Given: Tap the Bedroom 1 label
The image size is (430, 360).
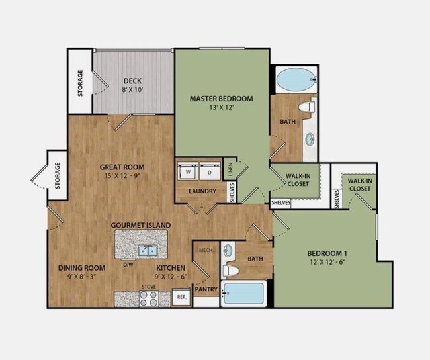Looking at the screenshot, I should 327,253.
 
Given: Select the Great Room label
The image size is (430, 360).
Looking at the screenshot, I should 122,167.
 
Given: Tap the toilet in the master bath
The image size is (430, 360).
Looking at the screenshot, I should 306,107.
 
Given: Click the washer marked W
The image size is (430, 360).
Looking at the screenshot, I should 188,171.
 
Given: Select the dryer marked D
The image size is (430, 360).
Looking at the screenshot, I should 209,171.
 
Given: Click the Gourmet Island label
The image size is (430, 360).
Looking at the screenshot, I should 141,225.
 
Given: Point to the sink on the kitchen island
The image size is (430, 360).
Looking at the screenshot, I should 148,250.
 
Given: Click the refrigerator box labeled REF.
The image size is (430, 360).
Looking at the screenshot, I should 180,298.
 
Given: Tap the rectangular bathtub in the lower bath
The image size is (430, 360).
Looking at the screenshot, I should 244,293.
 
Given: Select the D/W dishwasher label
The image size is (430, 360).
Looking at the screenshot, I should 128,265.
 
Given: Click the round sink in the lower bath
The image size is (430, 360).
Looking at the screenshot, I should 228,251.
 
